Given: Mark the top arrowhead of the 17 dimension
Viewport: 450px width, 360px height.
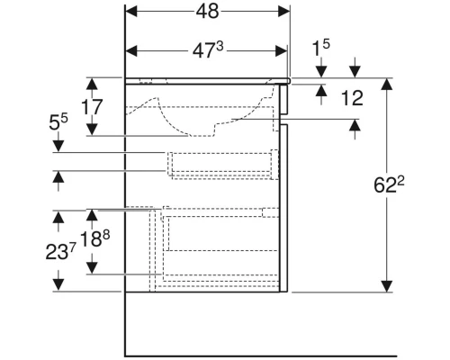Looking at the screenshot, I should [x=91, y=84].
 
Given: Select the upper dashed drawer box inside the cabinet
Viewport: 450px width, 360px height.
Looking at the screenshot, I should [x=221, y=164].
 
